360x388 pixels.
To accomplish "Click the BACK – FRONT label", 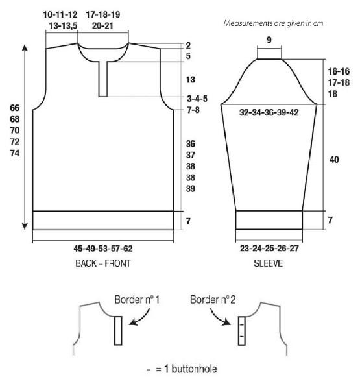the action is click(x=103, y=263).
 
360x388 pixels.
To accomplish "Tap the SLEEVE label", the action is click(x=269, y=263).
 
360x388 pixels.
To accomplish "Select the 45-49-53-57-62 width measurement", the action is click(x=103, y=249).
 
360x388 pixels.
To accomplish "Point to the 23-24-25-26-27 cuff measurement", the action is click(x=269, y=249).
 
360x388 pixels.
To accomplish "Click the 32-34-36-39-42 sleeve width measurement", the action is click(x=269, y=113).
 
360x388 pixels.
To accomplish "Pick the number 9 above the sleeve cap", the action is click(x=269, y=40).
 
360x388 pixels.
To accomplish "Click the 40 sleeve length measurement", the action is click(x=334, y=160).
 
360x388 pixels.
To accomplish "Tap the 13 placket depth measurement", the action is click(x=191, y=80).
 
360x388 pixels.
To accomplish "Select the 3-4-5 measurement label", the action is click(x=197, y=99).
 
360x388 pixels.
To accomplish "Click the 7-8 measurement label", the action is click(x=193, y=110).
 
